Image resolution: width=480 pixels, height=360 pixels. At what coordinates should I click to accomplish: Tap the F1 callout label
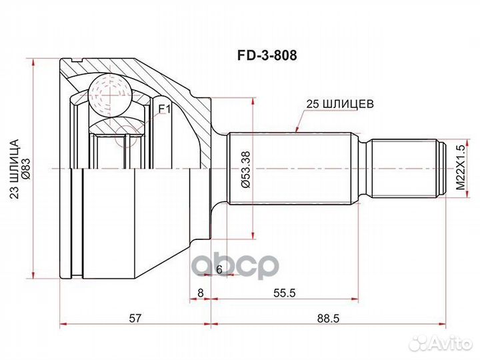tap(164, 109)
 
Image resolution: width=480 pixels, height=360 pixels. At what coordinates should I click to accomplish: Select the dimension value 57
tap(135, 319)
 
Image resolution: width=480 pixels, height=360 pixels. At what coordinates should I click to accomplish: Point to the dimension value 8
tap(200, 291)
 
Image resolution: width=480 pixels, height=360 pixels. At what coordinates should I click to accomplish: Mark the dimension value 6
tap(218, 269)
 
